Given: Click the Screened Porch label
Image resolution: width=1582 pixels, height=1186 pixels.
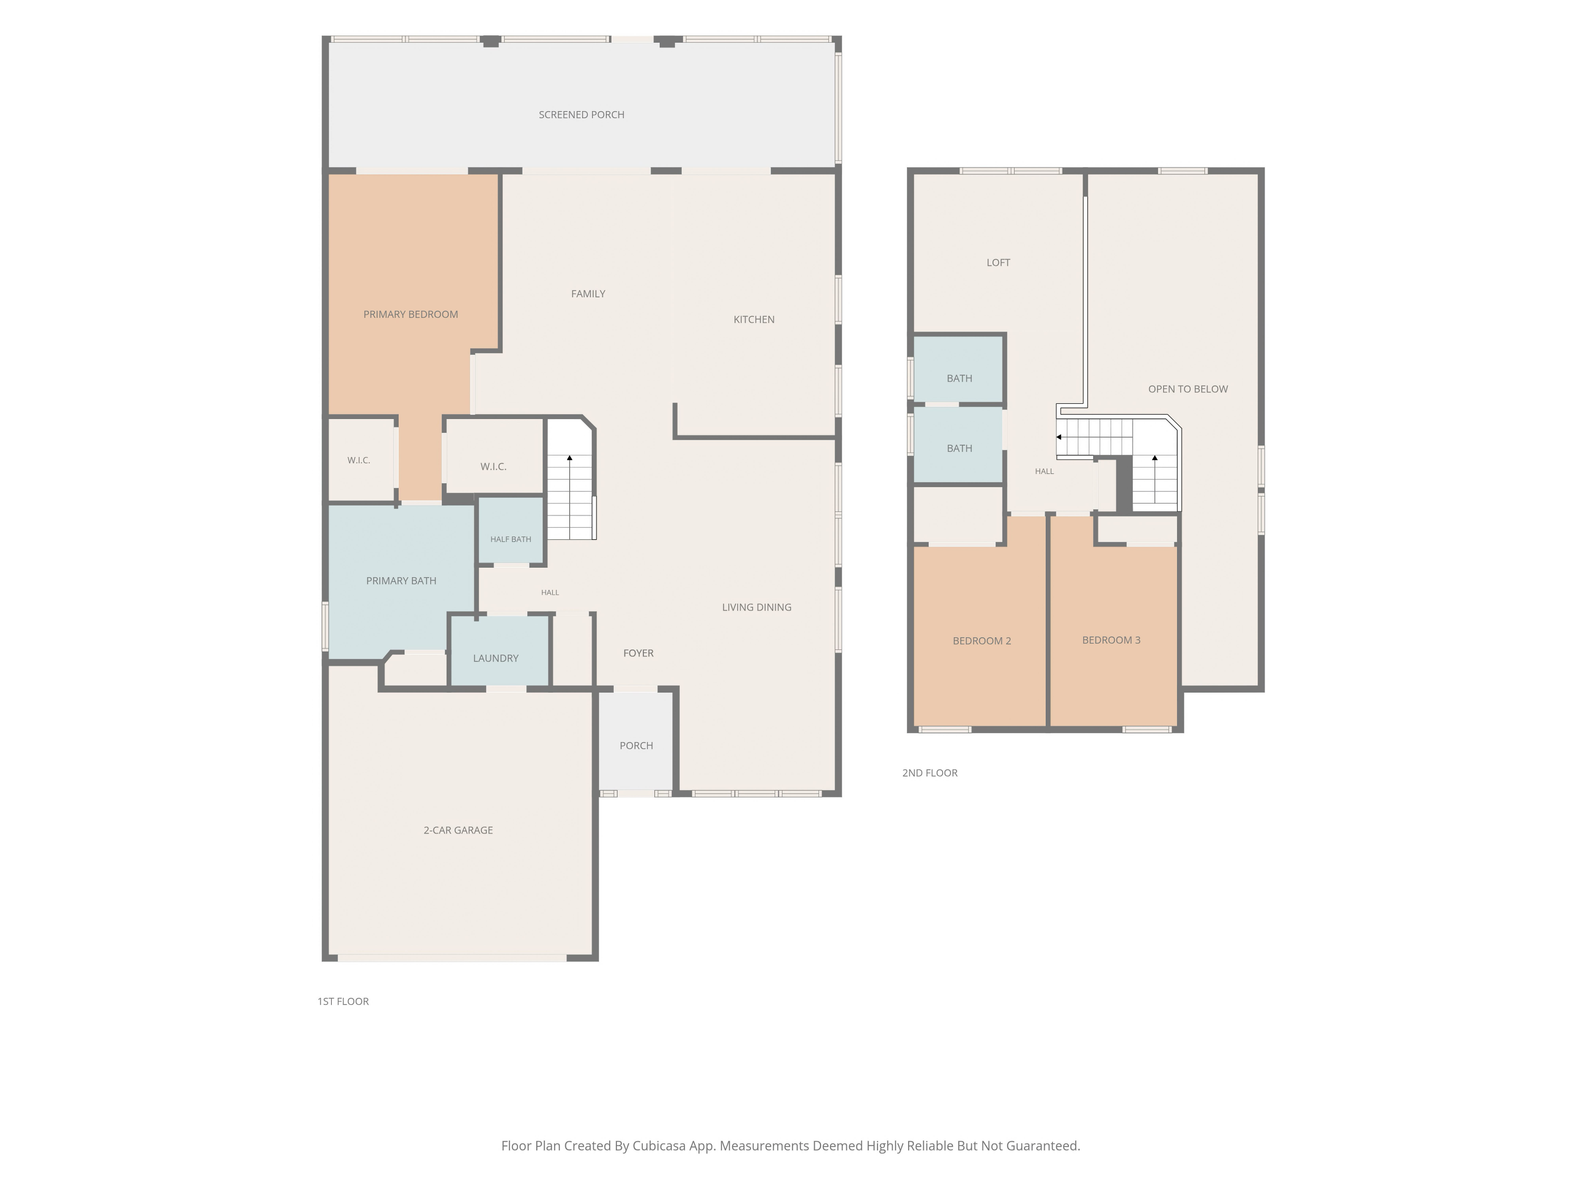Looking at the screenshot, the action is [582, 114].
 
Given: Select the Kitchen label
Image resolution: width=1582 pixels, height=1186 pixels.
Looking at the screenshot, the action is [754, 319].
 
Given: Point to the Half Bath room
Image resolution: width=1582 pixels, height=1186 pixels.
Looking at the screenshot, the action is [510, 530].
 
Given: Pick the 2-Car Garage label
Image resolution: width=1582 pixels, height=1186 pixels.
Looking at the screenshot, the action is [458, 830].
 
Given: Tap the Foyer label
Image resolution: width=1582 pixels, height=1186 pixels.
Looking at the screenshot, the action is [638, 653].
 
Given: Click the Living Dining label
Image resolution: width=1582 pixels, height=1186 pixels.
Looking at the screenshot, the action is [757, 607].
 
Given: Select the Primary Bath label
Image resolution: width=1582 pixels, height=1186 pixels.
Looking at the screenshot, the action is [401, 580].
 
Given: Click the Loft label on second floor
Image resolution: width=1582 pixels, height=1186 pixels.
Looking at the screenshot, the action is [998, 263].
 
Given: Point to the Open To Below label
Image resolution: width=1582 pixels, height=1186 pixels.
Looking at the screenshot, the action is [1188, 389].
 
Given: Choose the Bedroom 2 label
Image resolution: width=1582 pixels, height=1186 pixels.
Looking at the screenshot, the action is [982, 640].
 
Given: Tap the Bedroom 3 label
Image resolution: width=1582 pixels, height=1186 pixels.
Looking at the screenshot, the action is [1112, 640].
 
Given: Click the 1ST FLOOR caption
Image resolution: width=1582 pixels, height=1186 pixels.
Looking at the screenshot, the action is [343, 1002].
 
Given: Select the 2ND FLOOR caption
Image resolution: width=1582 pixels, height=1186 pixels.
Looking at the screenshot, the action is [930, 773].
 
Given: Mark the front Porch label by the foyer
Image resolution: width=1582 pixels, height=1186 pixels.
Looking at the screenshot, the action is [636, 746].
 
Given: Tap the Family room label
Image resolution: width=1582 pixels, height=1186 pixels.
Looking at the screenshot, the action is [588, 294].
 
